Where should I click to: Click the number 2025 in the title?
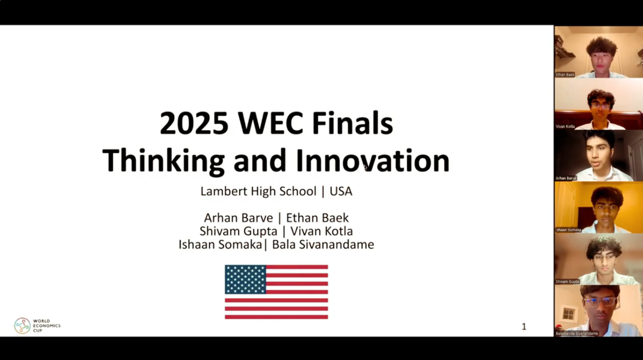click(194, 124)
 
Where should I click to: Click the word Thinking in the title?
click(163, 161)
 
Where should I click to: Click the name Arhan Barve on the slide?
click(238, 218)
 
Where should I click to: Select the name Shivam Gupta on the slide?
click(238, 231)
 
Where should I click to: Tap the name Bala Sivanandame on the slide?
click(323, 244)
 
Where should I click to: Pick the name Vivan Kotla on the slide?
click(321, 231)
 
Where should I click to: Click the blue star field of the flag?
click(245, 279)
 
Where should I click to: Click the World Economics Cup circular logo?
click(22, 325)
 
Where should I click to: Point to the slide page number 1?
click(524, 326)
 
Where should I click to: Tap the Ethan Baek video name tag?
click(565, 75)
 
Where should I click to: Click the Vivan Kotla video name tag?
click(565, 126)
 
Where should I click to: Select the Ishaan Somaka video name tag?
click(568, 230)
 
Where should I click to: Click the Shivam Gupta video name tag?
click(567, 281)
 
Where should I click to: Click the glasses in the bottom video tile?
click(600, 301)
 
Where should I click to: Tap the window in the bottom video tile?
click(568, 314)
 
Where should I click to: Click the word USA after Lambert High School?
click(341, 191)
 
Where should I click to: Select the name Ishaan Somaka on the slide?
click(220, 244)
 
